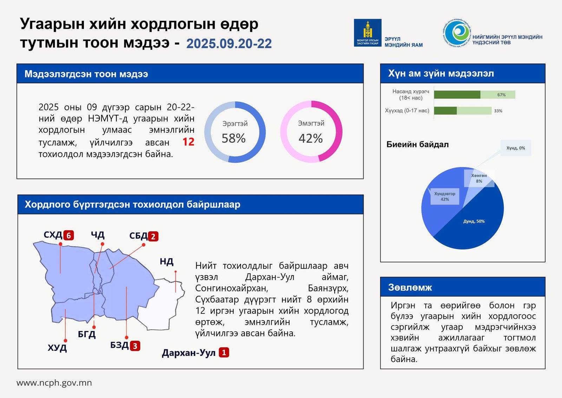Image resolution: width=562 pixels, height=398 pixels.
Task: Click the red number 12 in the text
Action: pos(188,142)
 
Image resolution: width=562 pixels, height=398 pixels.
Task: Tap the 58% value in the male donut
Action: pos(234,138)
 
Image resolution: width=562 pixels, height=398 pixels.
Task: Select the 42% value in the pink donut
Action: pos(311,138)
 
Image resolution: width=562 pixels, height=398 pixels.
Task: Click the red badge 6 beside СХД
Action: pos(69,235)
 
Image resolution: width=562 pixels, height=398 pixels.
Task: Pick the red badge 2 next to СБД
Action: pos(153,237)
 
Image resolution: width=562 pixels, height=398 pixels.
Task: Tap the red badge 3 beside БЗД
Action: pos(135,346)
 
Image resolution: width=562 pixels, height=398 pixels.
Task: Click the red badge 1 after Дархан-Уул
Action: pos(224,352)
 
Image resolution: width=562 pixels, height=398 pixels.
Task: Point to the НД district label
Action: pos(166,261)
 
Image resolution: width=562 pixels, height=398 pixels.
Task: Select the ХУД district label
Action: pos(57,348)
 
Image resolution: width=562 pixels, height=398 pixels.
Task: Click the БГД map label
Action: pos(87,334)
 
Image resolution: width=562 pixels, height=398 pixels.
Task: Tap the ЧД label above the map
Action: pos(98,235)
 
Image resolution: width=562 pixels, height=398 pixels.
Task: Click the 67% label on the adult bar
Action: pos(501,95)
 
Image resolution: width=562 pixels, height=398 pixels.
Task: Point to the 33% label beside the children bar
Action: pos(498,111)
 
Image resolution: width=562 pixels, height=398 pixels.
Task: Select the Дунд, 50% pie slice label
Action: pos(474,221)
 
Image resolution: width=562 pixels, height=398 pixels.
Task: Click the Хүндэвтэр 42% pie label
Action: pos(445,197)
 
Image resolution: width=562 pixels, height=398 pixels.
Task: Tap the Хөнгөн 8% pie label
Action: pos(479,178)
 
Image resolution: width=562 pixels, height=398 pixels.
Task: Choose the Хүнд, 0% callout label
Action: pos(516,148)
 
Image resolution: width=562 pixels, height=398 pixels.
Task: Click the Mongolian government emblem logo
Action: pos(367,33)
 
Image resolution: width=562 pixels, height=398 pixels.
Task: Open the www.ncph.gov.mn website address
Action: pos(54,383)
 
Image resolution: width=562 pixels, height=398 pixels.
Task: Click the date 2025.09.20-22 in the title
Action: pos(229,44)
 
